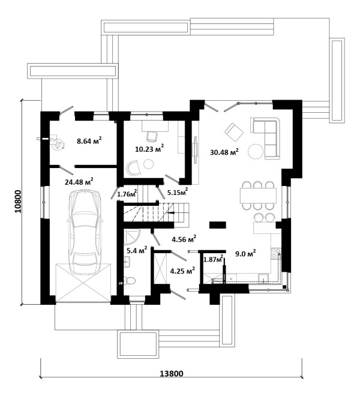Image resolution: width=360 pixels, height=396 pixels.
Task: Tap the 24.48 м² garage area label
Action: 79,181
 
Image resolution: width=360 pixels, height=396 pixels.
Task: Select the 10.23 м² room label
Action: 149,149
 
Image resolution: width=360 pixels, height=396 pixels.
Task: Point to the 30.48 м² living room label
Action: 224,152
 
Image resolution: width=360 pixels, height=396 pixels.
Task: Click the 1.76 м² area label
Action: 127,193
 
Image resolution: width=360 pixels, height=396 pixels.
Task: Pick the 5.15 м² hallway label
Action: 178,192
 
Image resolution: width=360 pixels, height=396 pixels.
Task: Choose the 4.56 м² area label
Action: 184,239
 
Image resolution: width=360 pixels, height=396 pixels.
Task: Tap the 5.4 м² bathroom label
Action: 137,250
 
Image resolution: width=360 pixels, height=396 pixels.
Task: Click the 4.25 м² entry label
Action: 182,271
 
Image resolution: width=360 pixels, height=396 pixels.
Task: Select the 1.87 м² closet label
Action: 214,259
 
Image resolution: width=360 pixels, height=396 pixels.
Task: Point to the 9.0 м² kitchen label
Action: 245,253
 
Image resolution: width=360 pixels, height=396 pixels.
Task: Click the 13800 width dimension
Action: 172,373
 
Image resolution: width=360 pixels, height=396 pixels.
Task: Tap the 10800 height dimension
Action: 19,201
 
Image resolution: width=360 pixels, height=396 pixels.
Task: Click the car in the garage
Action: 85,232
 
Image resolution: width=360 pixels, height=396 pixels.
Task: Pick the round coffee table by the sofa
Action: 256,151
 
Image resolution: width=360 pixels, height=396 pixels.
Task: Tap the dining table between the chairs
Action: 258,195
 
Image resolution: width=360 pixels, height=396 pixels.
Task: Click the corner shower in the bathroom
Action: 131,236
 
